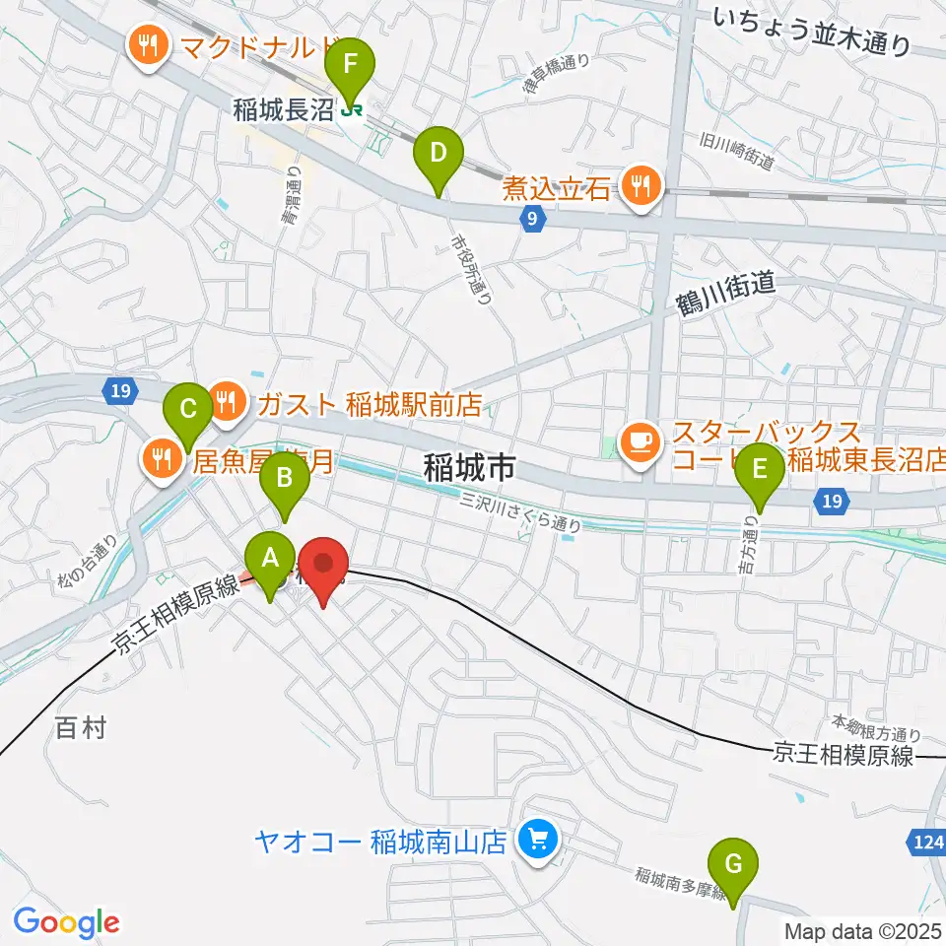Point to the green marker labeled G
click(734, 866)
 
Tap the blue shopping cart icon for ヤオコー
click(538, 841)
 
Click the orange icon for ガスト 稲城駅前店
click(228, 402)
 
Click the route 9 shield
click(531, 221)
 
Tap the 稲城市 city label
click(469, 467)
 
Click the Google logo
click(66, 922)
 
